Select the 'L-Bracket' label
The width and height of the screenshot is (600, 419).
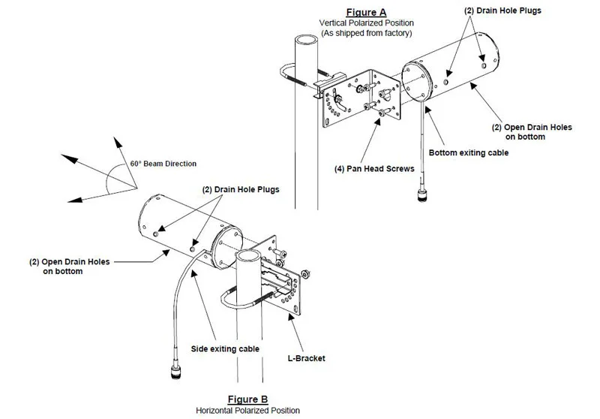coord(305,358)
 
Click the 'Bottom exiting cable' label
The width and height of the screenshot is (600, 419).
coord(468,153)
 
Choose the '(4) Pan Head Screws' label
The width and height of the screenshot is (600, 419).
coord(374,170)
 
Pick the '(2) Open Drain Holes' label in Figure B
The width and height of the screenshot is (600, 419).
coord(69,267)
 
